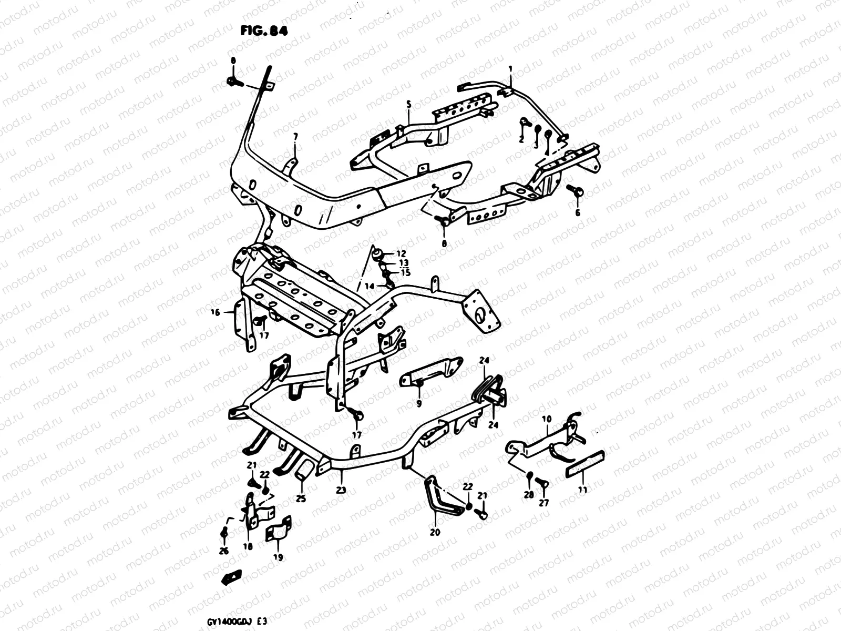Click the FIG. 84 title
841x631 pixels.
point(264,31)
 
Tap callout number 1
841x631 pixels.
point(509,69)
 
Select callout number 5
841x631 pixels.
point(408,105)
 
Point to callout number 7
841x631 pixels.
point(295,137)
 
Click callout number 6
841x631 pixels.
point(578,213)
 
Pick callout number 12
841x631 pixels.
point(402,254)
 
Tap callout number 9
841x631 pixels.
point(419,404)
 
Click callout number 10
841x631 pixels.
point(547,419)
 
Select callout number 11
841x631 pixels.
point(582,490)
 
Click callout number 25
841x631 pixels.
point(301,498)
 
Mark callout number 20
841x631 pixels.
point(434,532)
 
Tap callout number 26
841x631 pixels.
point(224,551)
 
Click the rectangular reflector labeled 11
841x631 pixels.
point(584,463)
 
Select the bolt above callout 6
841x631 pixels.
point(576,191)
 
